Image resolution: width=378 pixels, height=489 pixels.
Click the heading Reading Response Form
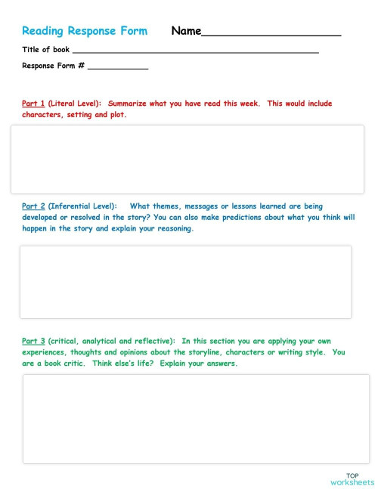(85, 31)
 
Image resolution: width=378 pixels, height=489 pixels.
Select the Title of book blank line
(195, 51)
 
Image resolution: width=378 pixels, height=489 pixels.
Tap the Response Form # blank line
(118, 68)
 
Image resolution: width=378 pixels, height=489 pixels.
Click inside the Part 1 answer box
(187, 159)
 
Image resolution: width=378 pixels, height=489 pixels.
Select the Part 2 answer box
(185, 281)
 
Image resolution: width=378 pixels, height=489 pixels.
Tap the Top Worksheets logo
(352, 479)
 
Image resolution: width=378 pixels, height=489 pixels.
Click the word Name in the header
(186, 31)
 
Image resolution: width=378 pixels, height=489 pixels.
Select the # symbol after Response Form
(81, 66)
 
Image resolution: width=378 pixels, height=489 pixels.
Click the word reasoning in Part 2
(172, 228)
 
